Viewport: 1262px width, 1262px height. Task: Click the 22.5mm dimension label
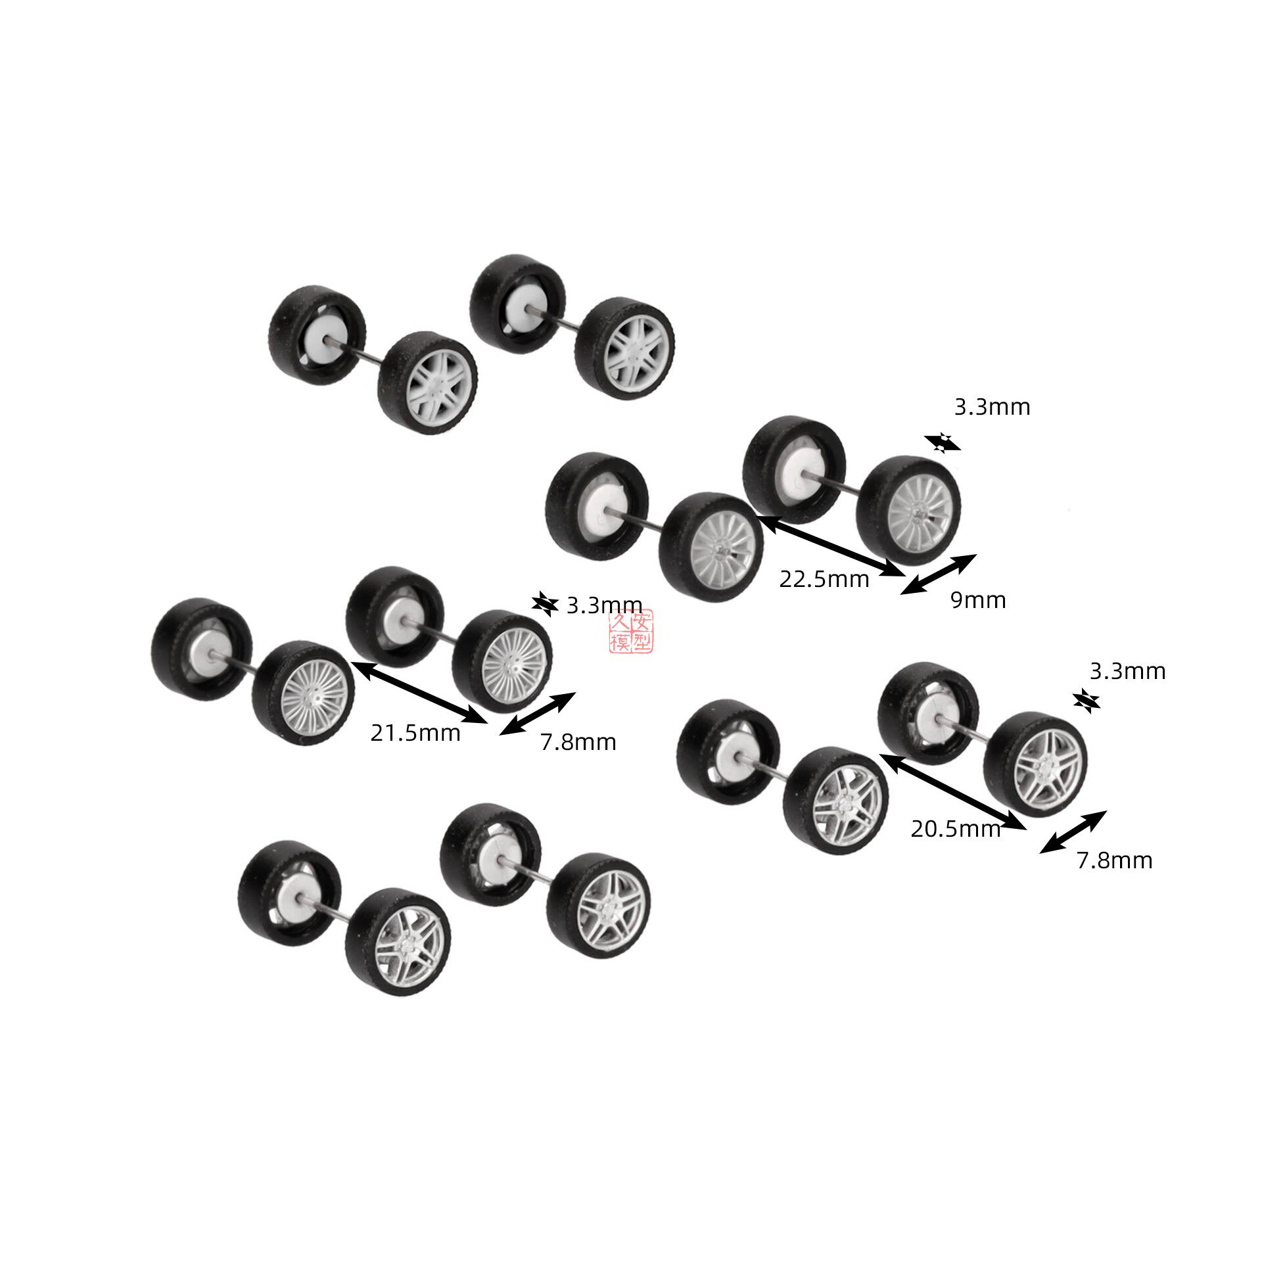point(824,579)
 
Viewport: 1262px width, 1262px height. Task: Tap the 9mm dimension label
point(978,600)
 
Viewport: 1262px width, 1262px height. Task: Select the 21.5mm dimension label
point(415,732)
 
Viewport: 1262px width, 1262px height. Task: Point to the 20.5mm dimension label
point(956,829)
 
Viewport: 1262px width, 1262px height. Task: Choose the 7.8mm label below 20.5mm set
point(1115,860)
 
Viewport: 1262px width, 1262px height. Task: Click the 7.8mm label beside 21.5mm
point(578,742)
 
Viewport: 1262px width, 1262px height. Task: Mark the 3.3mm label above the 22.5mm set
point(993,408)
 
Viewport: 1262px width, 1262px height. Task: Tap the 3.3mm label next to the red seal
point(604,605)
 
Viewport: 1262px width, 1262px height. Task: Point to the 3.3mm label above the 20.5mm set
point(1128,671)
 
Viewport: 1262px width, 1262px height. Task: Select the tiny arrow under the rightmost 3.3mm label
point(1087,702)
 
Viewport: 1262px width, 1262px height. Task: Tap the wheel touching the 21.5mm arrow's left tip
point(303,692)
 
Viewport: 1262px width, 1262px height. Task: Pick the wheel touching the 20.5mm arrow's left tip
point(836,800)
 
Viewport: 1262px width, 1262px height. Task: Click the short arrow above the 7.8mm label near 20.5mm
point(1073,832)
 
